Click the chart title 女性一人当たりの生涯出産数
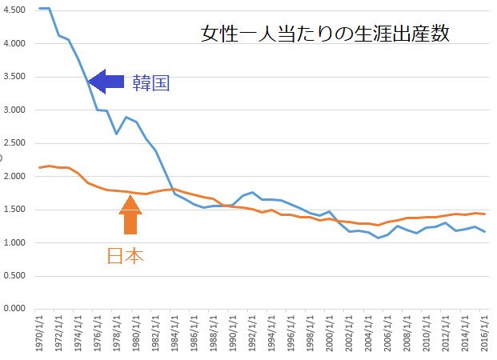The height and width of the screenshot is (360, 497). pos(323,34)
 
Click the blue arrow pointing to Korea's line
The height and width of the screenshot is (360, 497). pos(106,80)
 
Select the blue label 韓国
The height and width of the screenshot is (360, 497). pos(151,82)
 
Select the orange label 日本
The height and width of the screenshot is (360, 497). pos(126,256)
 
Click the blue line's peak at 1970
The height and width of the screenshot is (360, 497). pos(41,8)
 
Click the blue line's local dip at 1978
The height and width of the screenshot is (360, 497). pos(117,134)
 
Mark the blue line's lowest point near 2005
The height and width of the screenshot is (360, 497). pos(379,238)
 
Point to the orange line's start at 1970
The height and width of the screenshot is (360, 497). pos(40,167)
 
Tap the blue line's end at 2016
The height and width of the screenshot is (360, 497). pos(484,231)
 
